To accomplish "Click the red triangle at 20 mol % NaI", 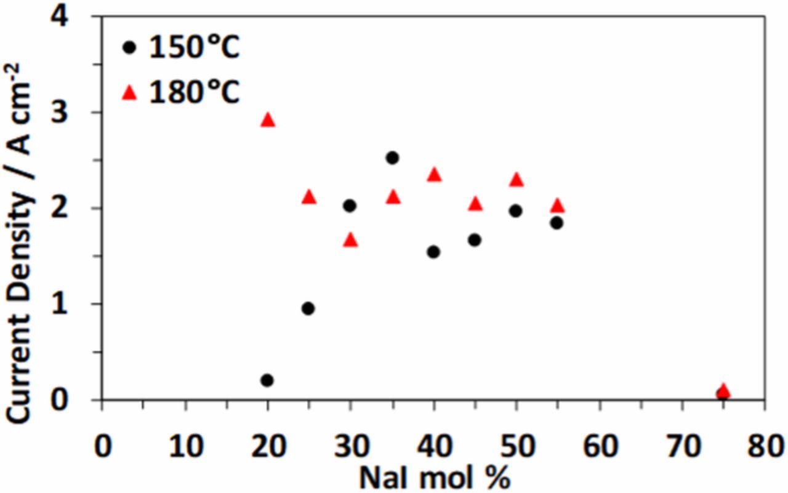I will pyautogui.click(x=268, y=119).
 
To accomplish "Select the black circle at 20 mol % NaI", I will pyautogui.click(x=267, y=380).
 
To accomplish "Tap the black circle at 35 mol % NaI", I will pyautogui.click(x=392, y=158).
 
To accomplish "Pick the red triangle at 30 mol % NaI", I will pyautogui.click(x=350, y=240).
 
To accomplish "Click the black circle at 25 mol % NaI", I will pyautogui.click(x=308, y=308).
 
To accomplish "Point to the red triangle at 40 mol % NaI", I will pyautogui.click(x=434, y=175).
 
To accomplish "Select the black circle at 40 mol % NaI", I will pyautogui.click(x=433, y=252).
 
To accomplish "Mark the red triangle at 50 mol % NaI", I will pyautogui.click(x=517, y=180).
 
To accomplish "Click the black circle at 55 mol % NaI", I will pyautogui.click(x=557, y=223).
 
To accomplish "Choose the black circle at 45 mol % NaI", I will pyautogui.click(x=475, y=240).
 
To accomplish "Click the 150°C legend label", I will pyautogui.click(x=194, y=48).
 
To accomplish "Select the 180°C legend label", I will pyautogui.click(x=194, y=94).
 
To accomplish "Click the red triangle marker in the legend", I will pyautogui.click(x=129, y=94).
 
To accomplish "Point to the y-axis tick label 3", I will pyautogui.click(x=79, y=113).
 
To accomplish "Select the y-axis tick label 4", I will pyautogui.click(x=79, y=17).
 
